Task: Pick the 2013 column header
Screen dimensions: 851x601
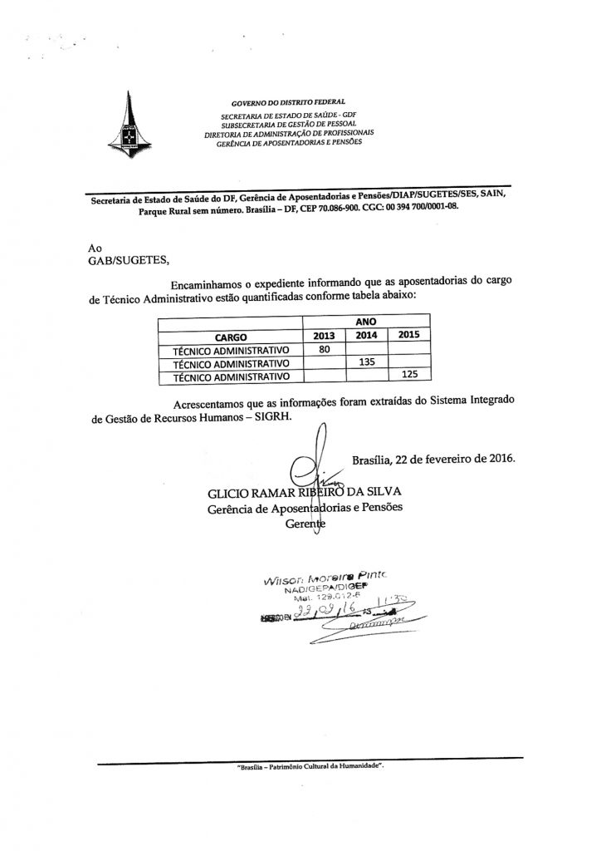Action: pyautogui.click(x=319, y=336)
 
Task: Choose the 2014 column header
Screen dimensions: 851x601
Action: pyautogui.click(x=365, y=336)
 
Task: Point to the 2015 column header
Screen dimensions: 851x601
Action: pyautogui.click(x=408, y=335)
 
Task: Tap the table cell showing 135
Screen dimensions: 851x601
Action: pyautogui.click(x=365, y=363)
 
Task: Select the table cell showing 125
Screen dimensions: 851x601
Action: pyautogui.click(x=408, y=376)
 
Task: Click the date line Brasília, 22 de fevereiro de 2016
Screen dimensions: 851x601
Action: pyautogui.click(x=433, y=458)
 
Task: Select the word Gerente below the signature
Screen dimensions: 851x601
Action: pyautogui.click(x=305, y=525)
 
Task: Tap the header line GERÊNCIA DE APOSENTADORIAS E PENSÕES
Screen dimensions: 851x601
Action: pyautogui.click(x=288, y=141)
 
